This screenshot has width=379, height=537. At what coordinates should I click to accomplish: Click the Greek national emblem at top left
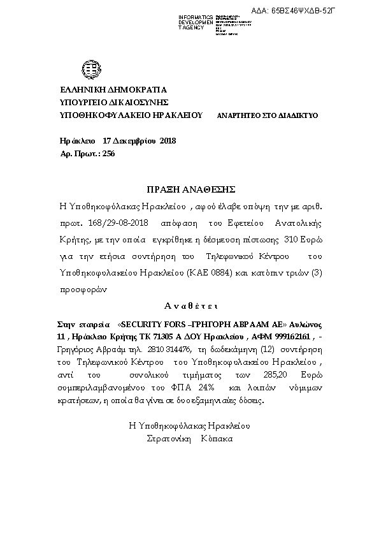[x=88, y=69]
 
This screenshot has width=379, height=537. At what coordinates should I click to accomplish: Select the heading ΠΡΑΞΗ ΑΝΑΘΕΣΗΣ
[x=190, y=189]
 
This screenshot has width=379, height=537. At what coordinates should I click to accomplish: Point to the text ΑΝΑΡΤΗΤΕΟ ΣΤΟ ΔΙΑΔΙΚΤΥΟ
[x=268, y=115]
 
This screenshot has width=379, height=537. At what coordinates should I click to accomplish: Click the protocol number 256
[x=108, y=153]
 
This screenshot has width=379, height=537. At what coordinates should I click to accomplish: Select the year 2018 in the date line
[x=168, y=140]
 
